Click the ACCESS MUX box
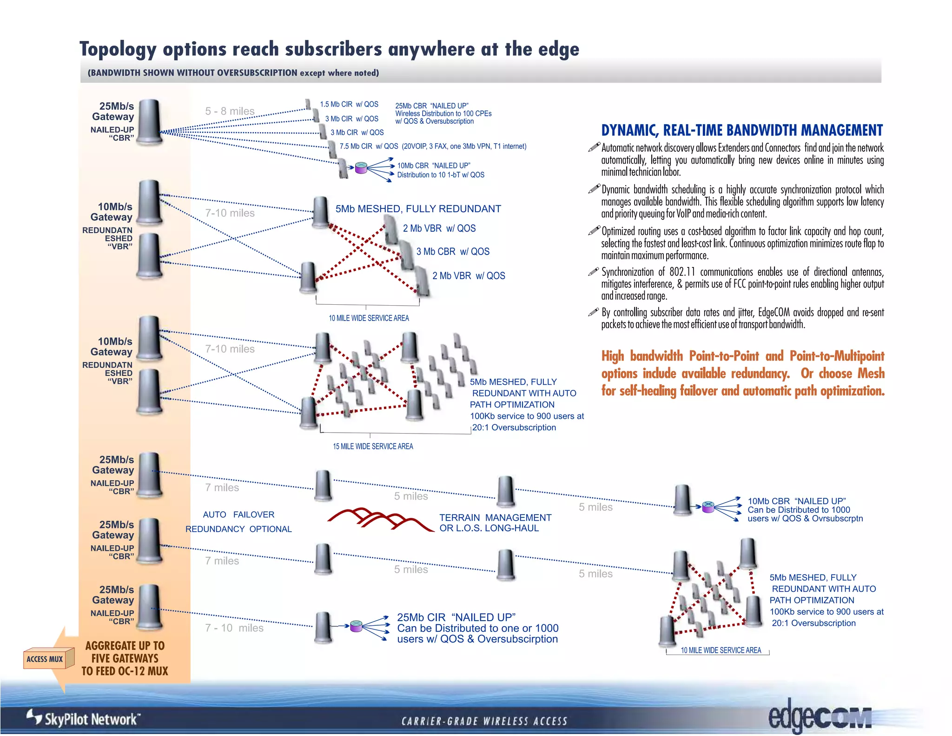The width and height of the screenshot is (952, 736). (45, 659)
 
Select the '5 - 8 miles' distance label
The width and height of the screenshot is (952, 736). (230, 111)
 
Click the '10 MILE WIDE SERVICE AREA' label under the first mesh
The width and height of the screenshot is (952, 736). (369, 318)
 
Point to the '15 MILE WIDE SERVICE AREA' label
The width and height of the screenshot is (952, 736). (373, 446)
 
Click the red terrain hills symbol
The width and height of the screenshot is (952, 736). (379, 519)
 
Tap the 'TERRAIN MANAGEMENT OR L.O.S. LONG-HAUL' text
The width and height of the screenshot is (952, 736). (495, 523)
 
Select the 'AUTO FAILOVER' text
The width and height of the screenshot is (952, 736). (238, 515)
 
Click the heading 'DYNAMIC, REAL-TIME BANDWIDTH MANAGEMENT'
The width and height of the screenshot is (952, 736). (742, 130)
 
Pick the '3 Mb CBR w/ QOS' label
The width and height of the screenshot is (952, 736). (453, 252)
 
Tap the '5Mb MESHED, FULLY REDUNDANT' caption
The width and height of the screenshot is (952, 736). (418, 209)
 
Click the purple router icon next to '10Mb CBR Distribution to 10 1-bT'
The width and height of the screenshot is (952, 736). (361, 168)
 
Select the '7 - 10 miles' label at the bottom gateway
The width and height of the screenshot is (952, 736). (234, 628)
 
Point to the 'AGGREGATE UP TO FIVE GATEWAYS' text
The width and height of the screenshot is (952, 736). (125, 652)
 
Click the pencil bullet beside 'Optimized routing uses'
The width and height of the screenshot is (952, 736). (594, 230)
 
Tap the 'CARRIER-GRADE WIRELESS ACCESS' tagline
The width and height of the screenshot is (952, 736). (484, 721)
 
